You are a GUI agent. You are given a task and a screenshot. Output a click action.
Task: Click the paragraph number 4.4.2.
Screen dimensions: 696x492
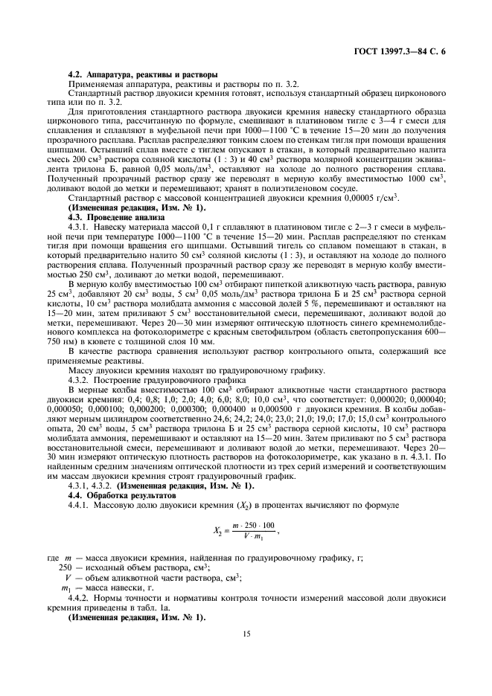click(78, 597)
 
